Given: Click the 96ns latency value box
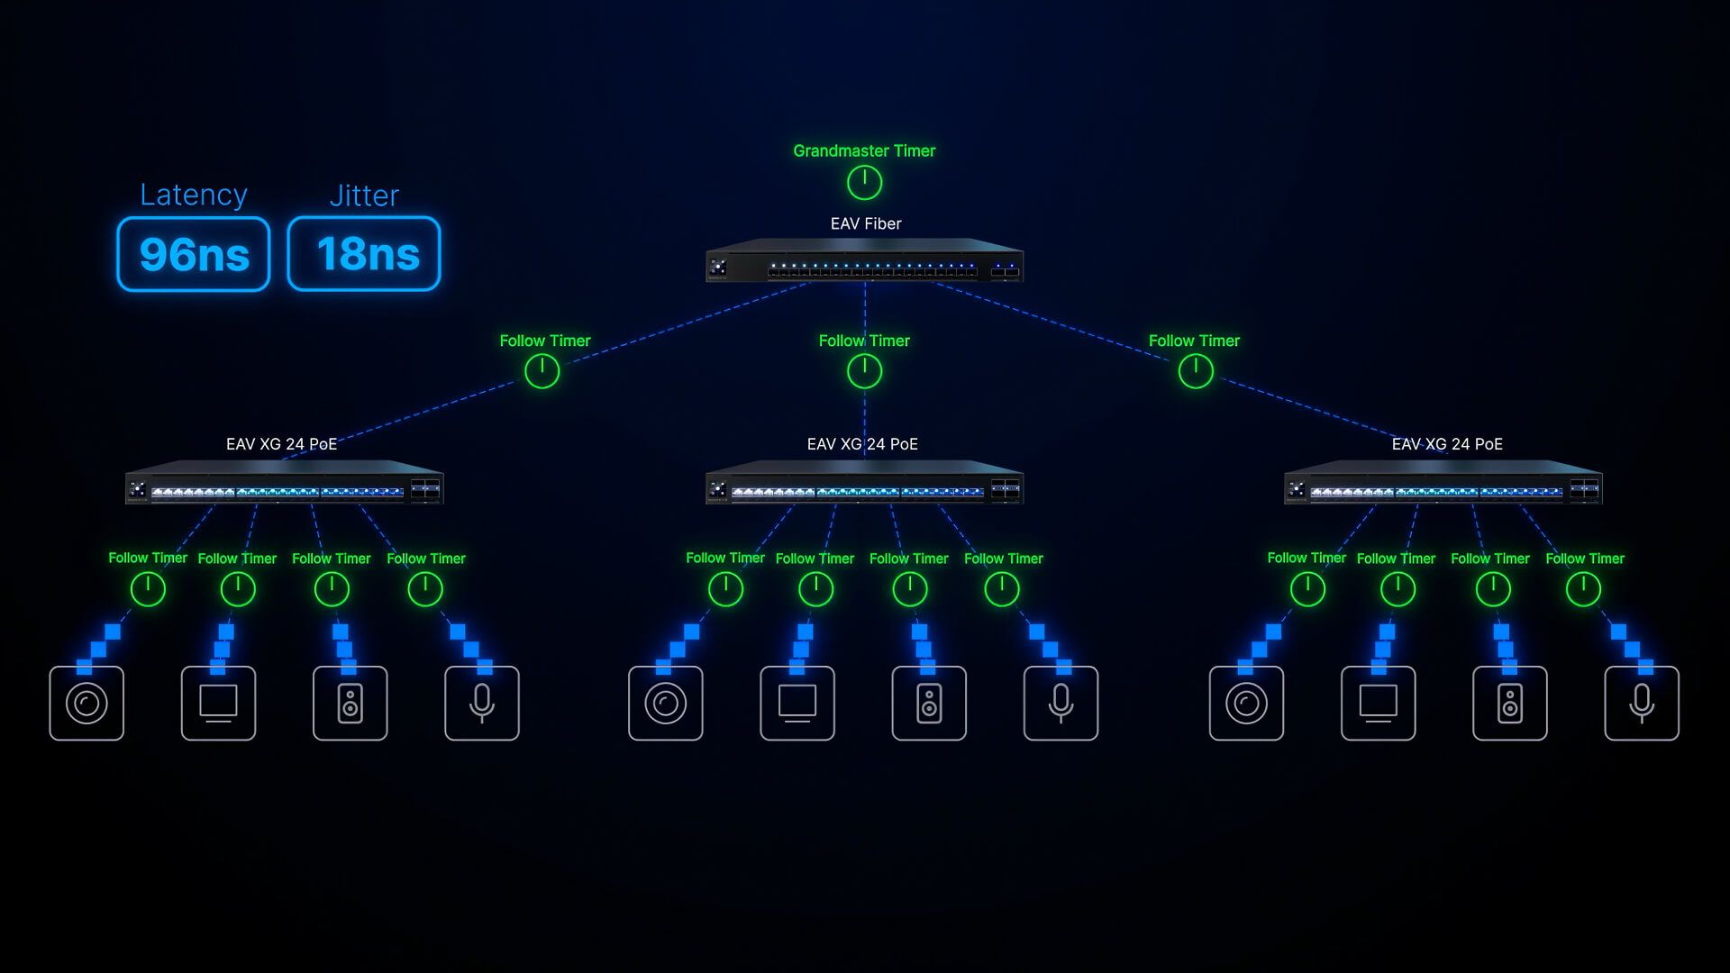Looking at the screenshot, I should click(194, 254).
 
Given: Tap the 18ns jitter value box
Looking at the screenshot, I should click(364, 254).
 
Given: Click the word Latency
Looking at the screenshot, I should click(193, 195).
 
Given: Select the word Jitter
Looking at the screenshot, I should click(364, 196).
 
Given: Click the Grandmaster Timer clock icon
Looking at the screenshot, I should click(864, 183).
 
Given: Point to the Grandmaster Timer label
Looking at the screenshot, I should click(864, 151).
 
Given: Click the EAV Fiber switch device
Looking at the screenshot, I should click(864, 262).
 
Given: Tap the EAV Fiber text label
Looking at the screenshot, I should click(865, 223).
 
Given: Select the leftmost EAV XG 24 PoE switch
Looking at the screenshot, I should click(284, 484).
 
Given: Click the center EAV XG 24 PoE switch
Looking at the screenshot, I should click(864, 484).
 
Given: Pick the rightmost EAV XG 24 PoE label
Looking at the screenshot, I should click(1447, 444).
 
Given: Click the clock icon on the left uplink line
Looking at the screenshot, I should click(542, 371).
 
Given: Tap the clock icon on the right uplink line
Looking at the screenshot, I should click(1196, 371).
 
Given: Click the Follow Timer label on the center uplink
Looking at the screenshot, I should click(864, 341).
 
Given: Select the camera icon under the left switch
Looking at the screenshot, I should click(86, 704).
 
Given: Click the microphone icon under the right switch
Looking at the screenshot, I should click(1642, 704).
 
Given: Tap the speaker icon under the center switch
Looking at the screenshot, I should click(929, 704).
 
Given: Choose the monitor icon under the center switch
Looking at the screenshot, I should click(797, 704).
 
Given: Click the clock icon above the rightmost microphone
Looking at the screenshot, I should click(1583, 589).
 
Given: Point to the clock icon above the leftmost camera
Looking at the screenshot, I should click(148, 589).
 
